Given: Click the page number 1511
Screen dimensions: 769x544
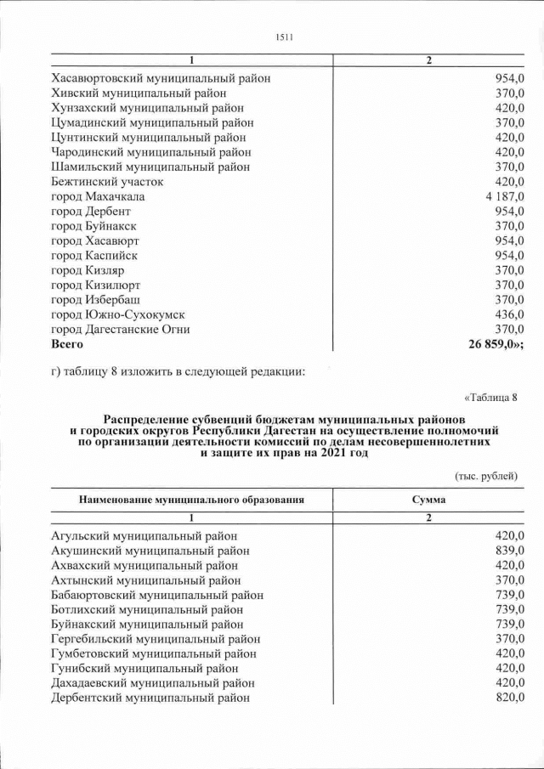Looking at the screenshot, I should pos(284,36).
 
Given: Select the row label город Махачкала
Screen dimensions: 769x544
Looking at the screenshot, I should pos(98,196).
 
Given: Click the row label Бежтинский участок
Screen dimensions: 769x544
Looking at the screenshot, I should pos(107,182).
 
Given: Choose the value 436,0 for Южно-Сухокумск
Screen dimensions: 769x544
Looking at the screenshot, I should pos(509,314).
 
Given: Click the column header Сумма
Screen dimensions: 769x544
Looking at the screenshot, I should pos(428,500).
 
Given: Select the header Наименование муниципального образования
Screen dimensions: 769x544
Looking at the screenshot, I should pos(191,500).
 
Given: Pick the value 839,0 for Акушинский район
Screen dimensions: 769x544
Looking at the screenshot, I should pos(509,551).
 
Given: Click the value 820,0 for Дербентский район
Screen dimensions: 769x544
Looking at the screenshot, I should pos(509,698).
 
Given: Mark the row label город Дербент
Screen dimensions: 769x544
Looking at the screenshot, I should pos(92,211).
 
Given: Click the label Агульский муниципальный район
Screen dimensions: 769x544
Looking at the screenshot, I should pos(144,535).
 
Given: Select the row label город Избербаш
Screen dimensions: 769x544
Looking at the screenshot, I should pos(96,300).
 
